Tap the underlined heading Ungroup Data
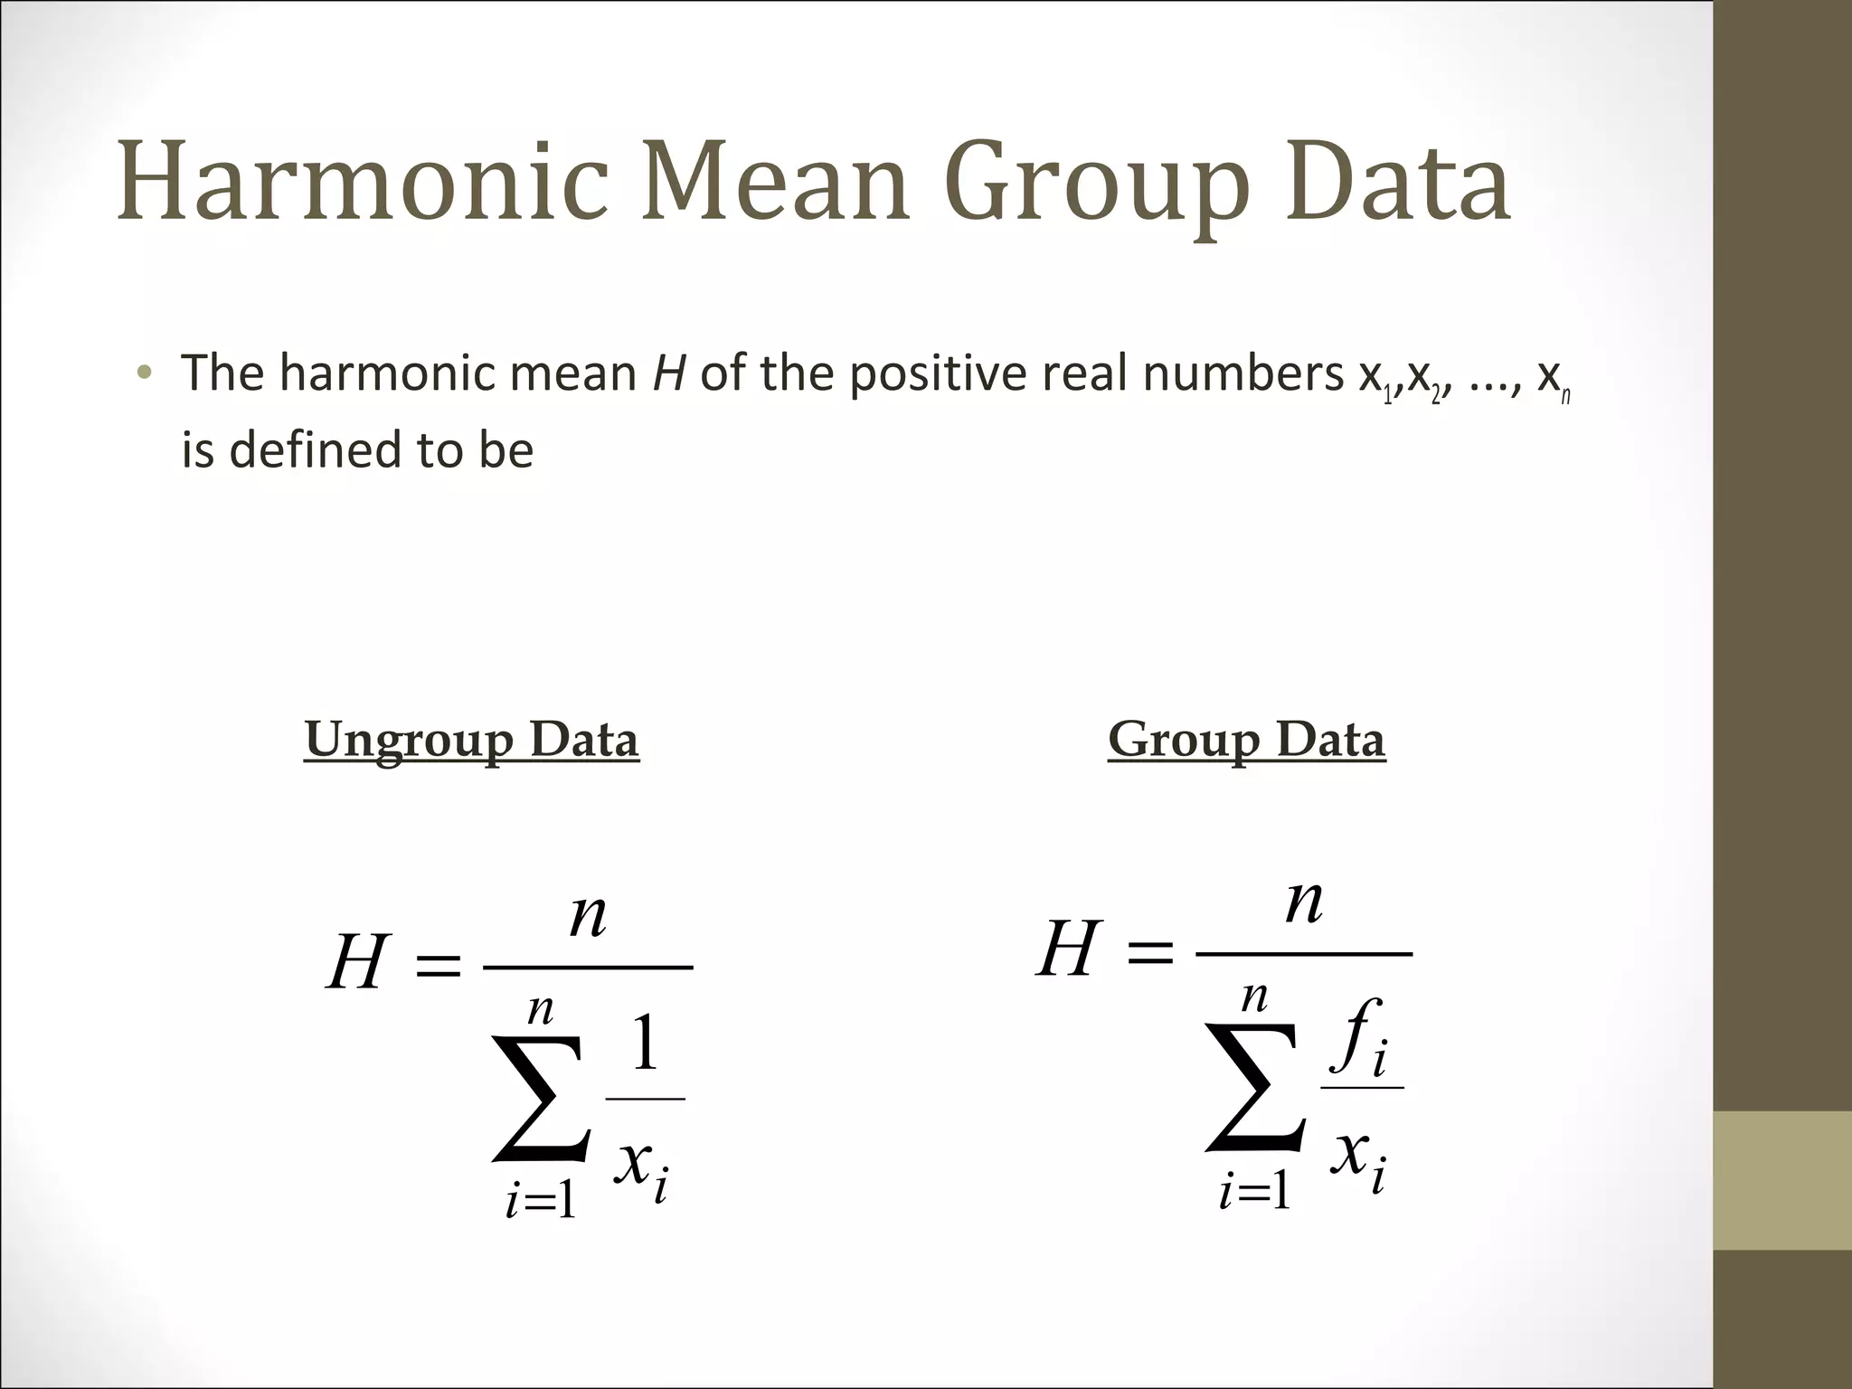(471, 740)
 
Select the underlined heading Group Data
(1246, 740)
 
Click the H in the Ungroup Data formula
(358, 963)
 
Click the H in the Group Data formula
(1069, 950)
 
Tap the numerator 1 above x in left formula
(645, 1043)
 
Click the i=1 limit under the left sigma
(541, 1202)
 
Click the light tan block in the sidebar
(1782, 1180)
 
